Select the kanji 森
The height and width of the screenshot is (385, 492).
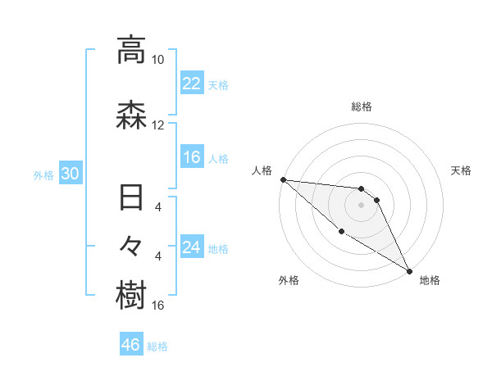pos(131,115)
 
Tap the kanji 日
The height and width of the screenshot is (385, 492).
pos(131,200)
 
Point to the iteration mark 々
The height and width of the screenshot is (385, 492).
pos(131,247)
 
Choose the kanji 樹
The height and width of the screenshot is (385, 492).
pos(131,296)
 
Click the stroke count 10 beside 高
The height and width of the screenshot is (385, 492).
pos(157,60)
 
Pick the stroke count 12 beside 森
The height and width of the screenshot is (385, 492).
pos(157,125)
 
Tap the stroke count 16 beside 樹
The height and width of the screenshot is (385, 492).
pos(159,306)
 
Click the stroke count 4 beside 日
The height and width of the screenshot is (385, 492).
pos(158,207)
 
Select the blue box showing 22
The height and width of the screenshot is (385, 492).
pos(191,84)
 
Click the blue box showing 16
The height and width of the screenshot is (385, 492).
pos(191,157)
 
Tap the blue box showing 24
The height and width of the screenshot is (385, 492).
pos(191,247)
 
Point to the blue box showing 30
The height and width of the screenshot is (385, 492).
pos(69,174)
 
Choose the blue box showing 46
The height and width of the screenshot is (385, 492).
pos(130,345)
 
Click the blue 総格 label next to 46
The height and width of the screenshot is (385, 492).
pos(157,346)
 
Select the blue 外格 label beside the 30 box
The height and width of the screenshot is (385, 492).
pos(43,174)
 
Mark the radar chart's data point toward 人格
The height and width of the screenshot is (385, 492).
pos(283,179)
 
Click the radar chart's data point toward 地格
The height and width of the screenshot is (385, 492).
pos(408,270)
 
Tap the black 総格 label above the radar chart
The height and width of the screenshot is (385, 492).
pos(361,106)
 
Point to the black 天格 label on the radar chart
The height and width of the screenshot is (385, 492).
pos(462,170)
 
